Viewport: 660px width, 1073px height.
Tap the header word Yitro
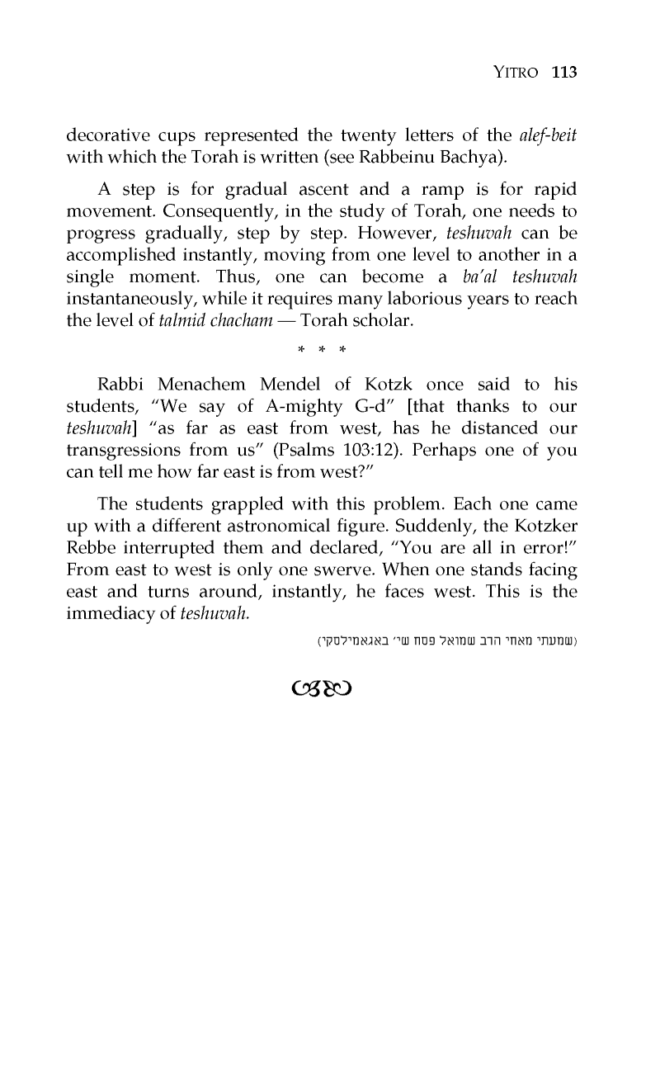tap(516, 73)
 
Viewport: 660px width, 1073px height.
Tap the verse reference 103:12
tap(405, 451)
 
